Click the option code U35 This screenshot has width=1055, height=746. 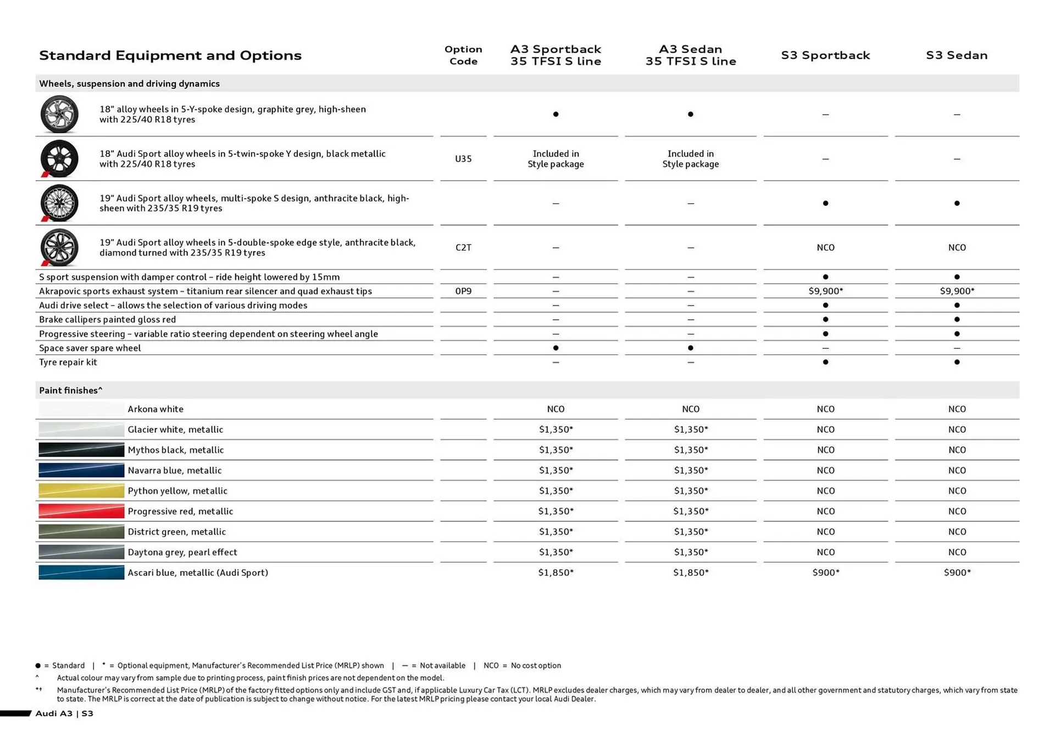coord(463,159)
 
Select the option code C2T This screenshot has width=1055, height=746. coord(463,248)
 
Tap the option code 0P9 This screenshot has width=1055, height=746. coord(463,291)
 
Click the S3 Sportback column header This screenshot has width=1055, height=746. coord(825,55)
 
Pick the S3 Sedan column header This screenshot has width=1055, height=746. coord(957,55)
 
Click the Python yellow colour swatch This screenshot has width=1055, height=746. coord(81,491)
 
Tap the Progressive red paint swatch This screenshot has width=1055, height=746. coord(81,511)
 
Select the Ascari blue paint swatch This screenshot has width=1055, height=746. coord(81,572)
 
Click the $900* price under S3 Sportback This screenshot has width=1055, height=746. coord(825,572)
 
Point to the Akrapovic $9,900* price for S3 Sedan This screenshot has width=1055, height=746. coord(957,291)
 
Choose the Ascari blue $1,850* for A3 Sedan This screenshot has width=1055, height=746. coord(691,572)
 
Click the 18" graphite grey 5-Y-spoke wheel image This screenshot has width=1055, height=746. coord(59,114)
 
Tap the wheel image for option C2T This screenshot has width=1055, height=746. coord(59,248)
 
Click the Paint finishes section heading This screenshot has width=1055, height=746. coord(70,391)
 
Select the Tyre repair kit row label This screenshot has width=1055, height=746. coord(68,363)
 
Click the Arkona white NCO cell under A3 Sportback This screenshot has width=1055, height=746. coord(556,409)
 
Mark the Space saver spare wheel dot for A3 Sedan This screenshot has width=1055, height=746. coord(691,348)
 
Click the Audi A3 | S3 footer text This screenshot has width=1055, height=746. coord(64,714)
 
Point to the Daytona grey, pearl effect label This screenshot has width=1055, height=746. coord(182,552)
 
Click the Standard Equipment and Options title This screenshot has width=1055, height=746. coord(170,55)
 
